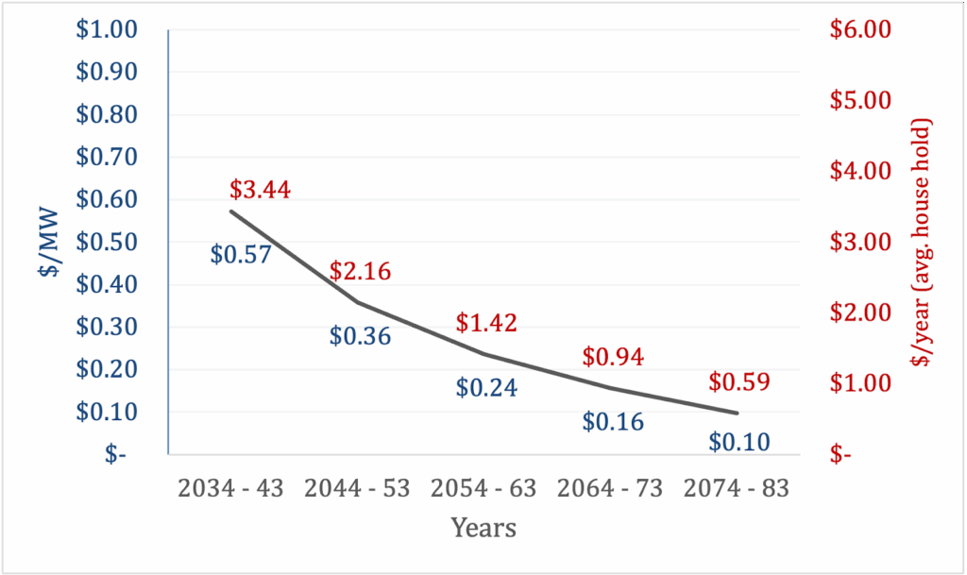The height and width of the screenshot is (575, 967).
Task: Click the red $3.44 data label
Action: (x=260, y=190)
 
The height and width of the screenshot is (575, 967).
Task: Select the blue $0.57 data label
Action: (x=241, y=254)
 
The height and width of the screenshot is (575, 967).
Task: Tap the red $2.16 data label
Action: (x=360, y=272)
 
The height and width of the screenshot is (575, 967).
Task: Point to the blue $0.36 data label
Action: (x=360, y=336)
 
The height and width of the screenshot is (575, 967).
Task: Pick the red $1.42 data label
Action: (x=486, y=322)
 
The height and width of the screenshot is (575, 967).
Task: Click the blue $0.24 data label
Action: (x=486, y=387)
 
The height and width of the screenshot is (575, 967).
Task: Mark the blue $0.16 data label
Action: (x=613, y=421)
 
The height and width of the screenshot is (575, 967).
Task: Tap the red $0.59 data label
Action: (x=739, y=383)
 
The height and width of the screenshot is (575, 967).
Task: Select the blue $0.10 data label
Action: (x=739, y=440)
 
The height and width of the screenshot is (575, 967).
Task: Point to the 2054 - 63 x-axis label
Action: (x=483, y=489)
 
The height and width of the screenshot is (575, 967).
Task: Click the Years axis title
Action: (x=483, y=527)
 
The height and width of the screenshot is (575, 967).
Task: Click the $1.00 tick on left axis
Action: (x=107, y=31)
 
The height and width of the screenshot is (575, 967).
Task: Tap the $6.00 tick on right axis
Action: (x=860, y=31)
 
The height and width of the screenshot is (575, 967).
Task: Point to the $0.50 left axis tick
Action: (x=107, y=243)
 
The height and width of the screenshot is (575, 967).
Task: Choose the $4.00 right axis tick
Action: (x=860, y=172)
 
